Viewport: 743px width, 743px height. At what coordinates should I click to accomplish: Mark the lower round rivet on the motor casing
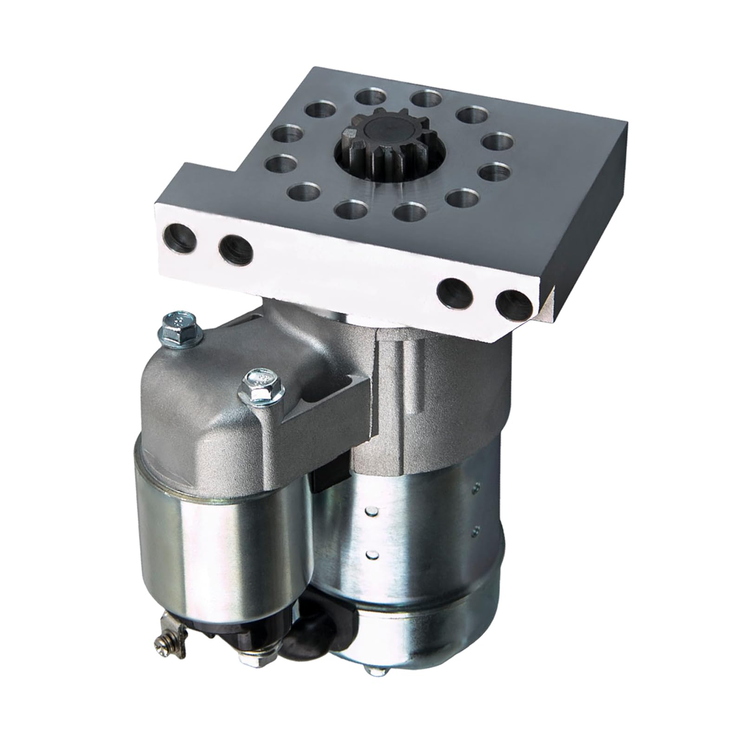point(370,554)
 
